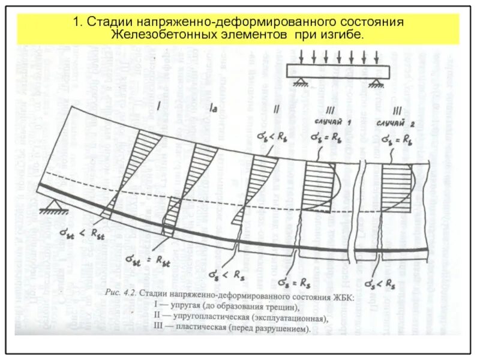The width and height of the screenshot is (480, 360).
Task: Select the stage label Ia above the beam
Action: coord(213,109)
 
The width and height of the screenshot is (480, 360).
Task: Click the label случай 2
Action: coord(394,122)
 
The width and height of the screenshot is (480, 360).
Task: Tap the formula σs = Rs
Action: coord(294,281)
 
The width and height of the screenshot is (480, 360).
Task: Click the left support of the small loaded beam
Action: coord(298,83)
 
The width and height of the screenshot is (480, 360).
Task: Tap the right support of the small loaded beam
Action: coord(377,83)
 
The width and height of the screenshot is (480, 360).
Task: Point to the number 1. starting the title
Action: coord(77,22)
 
